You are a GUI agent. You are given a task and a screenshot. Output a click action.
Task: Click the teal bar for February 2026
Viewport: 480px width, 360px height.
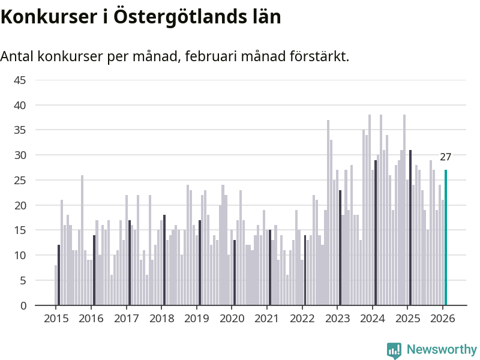pos(446,238)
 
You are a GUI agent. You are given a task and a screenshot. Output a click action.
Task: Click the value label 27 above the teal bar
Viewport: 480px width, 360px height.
pos(446,157)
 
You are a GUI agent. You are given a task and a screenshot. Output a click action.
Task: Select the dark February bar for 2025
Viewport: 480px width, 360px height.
pos(410,228)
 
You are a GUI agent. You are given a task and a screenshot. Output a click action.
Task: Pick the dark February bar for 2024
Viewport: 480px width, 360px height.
pos(376,233)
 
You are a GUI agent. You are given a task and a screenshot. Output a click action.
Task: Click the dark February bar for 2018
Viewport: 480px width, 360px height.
pos(164,260)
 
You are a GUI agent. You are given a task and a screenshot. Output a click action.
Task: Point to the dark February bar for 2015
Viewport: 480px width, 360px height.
pos(59,275)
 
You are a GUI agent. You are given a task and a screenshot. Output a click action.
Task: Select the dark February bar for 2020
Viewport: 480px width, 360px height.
pos(235,273)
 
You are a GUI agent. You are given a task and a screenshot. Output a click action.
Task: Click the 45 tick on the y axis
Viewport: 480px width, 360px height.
pos(20,80)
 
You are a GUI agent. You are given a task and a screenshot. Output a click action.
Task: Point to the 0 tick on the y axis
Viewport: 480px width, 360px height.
pos(23,305)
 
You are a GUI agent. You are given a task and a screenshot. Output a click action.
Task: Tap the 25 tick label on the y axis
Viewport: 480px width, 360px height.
pos(20,180)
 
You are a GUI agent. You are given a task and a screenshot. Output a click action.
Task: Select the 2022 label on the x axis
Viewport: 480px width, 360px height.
pos(302,318)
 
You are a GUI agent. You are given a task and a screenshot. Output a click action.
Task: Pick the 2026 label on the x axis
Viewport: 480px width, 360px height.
pos(443,318)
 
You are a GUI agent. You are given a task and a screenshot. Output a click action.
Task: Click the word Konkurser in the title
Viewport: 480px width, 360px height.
pos(47,17)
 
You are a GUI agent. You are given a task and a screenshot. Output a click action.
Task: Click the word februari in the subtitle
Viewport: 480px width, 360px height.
pos(211,56)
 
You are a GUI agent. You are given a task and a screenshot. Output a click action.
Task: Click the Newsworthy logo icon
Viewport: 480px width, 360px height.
pos(394,350)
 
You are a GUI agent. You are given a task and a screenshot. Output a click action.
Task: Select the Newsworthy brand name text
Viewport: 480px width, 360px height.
pos(442,349)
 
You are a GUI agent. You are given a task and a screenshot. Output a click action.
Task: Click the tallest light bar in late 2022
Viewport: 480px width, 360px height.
pos(328,213)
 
